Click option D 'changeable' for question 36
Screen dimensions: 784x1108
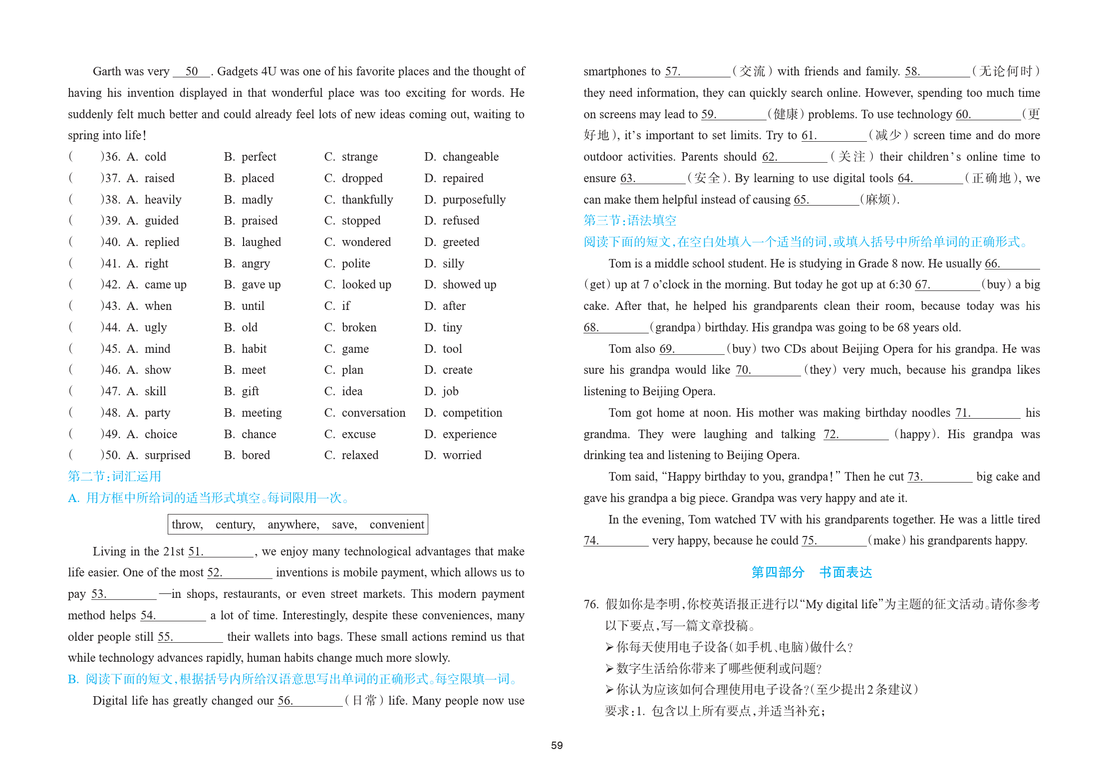click(x=470, y=157)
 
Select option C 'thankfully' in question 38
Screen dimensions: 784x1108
click(x=367, y=200)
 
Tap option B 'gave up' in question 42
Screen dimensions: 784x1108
click(x=261, y=284)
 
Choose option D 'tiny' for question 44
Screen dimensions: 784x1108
click(x=452, y=327)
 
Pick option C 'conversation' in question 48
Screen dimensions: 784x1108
click(x=373, y=413)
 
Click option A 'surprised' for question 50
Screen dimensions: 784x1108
click(x=167, y=455)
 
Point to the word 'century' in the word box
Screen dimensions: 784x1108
click(x=235, y=524)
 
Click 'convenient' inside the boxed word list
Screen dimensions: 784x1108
click(x=397, y=524)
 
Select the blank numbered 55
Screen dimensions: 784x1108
click(x=197, y=637)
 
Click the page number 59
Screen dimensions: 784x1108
click(x=556, y=745)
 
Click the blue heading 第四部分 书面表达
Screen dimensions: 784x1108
click(x=812, y=572)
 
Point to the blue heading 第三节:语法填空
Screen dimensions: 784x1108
click(x=629, y=221)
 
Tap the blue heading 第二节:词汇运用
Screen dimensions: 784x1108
click(x=114, y=477)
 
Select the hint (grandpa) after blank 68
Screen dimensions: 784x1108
click(x=675, y=327)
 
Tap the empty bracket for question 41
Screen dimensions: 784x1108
click(x=85, y=263)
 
